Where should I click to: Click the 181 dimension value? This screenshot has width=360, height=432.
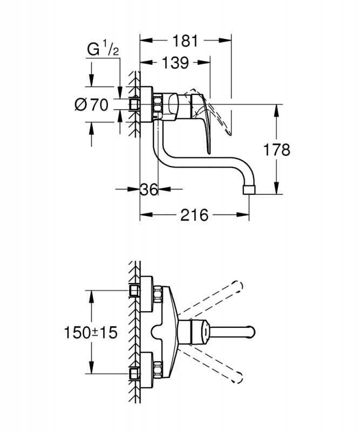click(x=186, y=40)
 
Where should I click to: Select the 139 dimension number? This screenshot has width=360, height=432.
click(x=175, y=63)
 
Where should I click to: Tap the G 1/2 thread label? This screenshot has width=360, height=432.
click(x=103, y=50)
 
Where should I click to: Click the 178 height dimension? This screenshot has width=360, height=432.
click(x=278, y=150)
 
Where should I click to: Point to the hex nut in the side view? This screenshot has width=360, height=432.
click(x=158, y=105)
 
